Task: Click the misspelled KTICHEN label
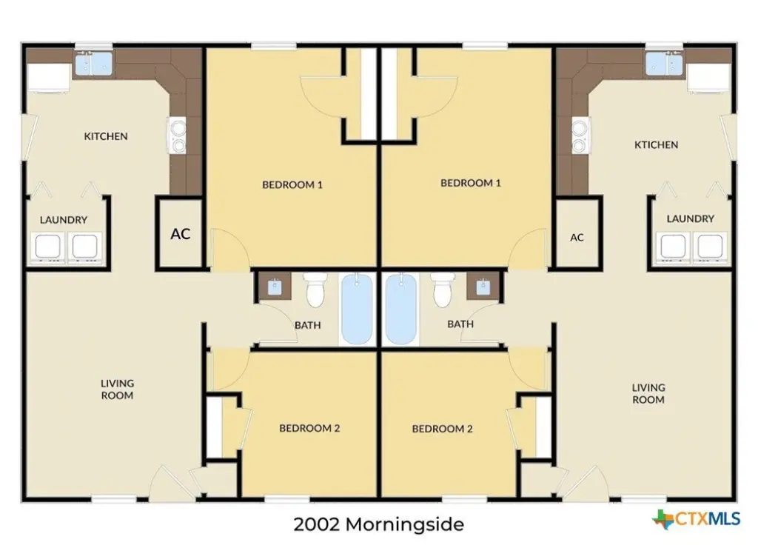(x=656, y=144)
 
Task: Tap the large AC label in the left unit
(x=181, y=234)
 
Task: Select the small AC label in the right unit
(x=577, y=238)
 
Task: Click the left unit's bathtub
(x=358, y=308)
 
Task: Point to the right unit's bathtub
(x=401, y=308)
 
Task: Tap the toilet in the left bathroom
(x=315, y=290)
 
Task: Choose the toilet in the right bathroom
(x=443, y=290)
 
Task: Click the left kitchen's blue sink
(x=94, y=64)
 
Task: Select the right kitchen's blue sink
(x=664, y=64)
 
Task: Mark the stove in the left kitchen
(x=177, y=136)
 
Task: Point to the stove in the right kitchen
(x=580, y=136)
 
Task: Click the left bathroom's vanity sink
(x=275, y=287)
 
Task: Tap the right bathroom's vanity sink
(x=483, y=287)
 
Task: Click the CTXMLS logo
(x=696, y=519)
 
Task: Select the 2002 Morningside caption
(x=378, y=524)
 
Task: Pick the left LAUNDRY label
(x=64, y=220)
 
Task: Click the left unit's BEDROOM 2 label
(x=309, y=428)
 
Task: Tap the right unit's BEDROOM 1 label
(x=470, y=183)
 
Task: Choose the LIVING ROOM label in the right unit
(x=648, y=394)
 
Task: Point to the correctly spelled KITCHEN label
(x=106, y=136)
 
